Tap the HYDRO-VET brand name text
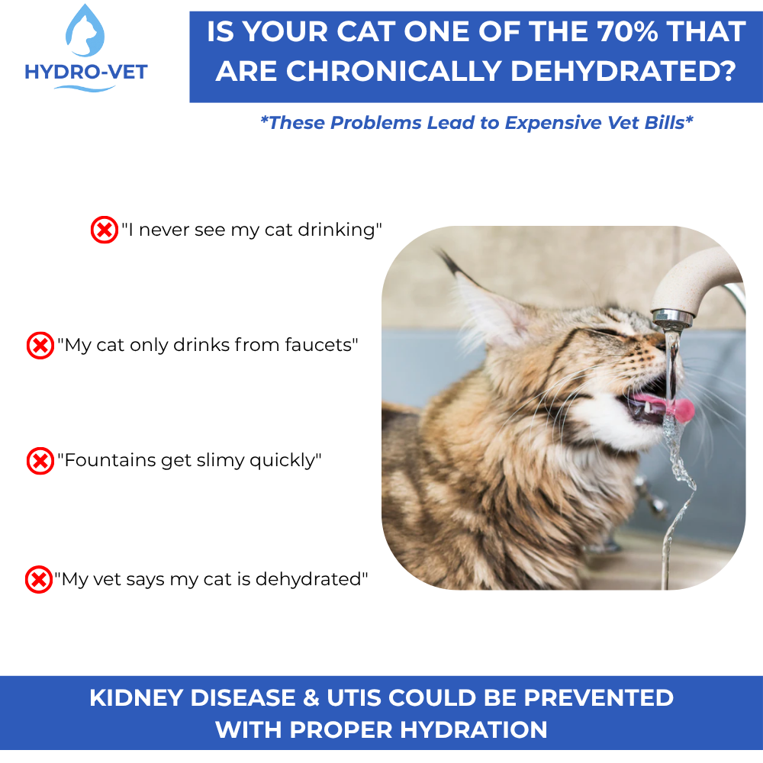tap(86, 72)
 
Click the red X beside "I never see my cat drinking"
tap(105, 229)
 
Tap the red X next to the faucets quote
tap(40, 345)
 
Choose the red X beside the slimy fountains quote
tap(40, 461)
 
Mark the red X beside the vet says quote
tap(38, 579)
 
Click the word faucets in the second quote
tap(315, 345)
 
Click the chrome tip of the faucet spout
tap(671, 316)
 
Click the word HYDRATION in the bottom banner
tap(468, 729)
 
